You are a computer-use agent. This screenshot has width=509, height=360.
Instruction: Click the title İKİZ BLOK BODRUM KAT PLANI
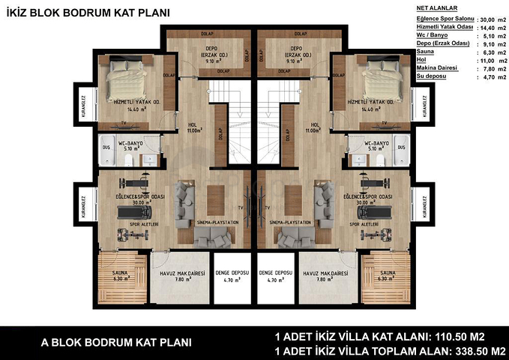[x=88, y=12]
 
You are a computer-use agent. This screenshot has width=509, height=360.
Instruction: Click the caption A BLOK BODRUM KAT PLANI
[x=115, y=342]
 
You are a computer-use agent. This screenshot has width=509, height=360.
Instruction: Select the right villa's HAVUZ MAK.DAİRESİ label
[x=324, y=274]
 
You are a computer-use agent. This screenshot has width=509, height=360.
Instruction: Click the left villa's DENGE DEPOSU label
[x=229, y=274]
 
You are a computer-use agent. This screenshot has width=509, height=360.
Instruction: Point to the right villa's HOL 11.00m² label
[x=315, y=128]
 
